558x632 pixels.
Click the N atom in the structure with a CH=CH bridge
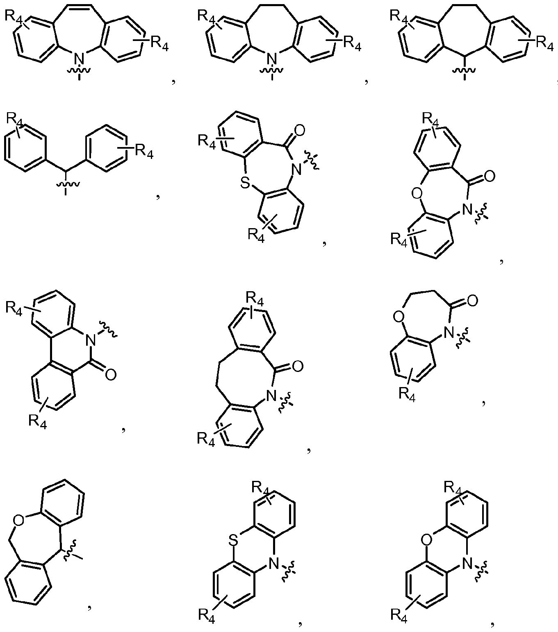pos(80,58)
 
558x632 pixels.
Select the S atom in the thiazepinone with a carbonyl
pos(246,183)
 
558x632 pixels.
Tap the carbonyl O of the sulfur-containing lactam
pos(299,131)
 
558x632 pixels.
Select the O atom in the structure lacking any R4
pos(18,520)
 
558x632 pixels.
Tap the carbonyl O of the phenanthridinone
pos(111,375)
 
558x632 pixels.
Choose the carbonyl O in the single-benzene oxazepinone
pos(472,301)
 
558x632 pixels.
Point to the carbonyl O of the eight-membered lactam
pos(298,366)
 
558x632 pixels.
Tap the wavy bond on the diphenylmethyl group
pos(68,185)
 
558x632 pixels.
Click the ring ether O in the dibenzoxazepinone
pos(417,194)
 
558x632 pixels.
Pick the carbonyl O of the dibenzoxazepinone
pos(490,176)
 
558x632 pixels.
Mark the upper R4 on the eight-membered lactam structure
pos(255,299)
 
